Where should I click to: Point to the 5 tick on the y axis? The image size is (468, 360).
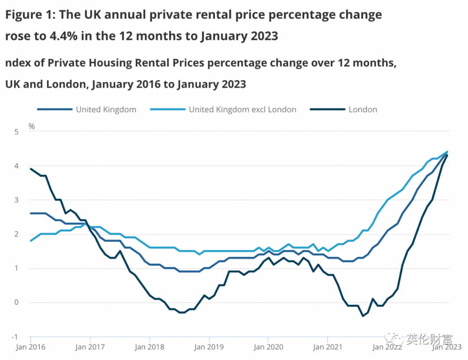(x=16, y=132)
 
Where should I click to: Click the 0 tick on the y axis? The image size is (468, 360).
(x=16, y=302)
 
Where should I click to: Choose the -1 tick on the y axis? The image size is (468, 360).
(x=16, y=337)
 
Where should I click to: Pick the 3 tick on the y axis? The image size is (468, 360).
(x=16, y=200)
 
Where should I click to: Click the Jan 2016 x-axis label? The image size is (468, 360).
(x=30, y=347)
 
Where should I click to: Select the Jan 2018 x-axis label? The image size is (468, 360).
(x=149, y=347)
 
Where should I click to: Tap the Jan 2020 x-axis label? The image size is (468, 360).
(x=268, y=347)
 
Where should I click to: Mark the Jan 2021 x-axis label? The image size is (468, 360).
(x=328, y=347)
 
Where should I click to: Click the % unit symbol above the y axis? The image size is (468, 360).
(x=32, y=126)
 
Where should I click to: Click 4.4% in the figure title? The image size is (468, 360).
(x=65, y=36)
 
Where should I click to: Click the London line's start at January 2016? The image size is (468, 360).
(x=31, y=169)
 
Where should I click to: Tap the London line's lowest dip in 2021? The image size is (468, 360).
(x=363, y=316)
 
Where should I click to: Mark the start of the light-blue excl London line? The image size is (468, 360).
(x=31, y=241)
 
